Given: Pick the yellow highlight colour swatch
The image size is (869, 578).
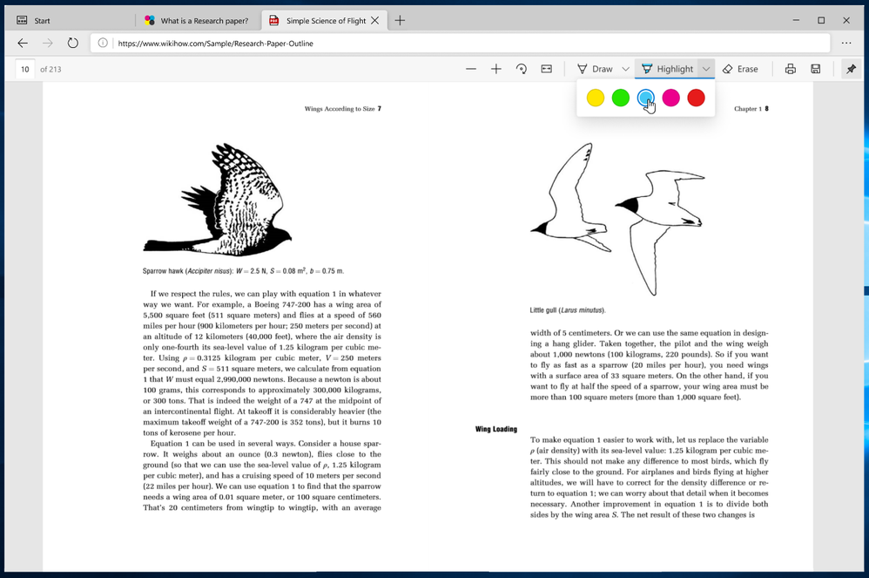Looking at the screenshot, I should [x=596, y=98].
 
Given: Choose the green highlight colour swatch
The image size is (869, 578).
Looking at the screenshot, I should [x=621, y=98].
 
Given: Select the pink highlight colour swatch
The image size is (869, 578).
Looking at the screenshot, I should [x=670, y=98].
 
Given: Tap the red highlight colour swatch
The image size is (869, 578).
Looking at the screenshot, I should [x=696, y=98].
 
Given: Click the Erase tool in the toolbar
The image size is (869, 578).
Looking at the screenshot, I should [x=740, y=69].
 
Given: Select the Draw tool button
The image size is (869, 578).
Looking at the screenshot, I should [x=595, y=69].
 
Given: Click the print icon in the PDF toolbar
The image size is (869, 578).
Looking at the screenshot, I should [x=791, y=69].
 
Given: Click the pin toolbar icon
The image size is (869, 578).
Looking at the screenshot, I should [x=851, y=69].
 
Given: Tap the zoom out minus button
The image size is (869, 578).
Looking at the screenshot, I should [x=471, y=69].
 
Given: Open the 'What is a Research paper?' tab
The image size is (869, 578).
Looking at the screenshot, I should [x=204, y=20].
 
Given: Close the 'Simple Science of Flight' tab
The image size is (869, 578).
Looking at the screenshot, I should [x=375, y=20].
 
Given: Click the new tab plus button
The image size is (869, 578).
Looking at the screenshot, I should [x=400, y=20].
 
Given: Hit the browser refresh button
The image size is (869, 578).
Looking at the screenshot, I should [x=73, y=43].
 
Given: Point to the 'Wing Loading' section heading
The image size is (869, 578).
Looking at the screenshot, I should [x=496, y=429].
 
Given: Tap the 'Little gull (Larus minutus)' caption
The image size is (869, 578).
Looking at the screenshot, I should [x=567, y=309].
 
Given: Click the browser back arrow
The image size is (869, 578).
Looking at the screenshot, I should [x=23, y=43].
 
